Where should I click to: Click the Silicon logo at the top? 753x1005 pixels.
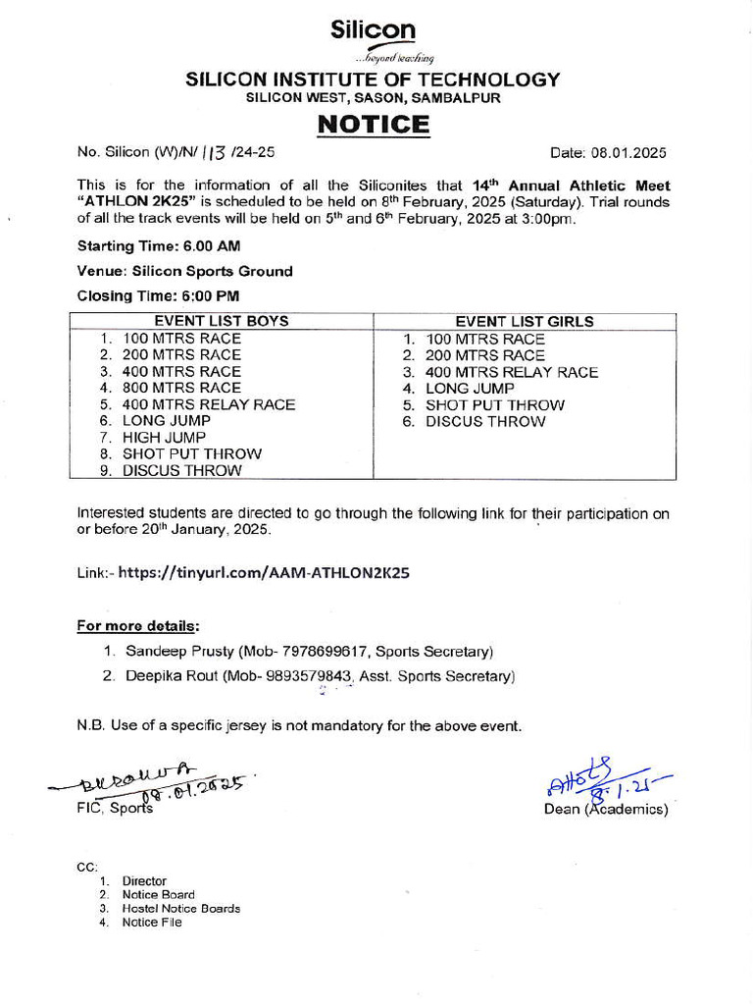(374, 39)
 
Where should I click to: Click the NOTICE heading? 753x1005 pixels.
(373, 125)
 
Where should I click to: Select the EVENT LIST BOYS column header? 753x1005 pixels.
(222, 321)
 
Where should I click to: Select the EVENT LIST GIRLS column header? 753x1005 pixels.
(525, 321)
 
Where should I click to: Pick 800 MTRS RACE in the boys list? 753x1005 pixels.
(180, 388)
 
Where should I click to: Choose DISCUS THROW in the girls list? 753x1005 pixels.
(484, 421)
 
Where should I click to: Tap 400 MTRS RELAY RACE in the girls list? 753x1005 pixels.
(511, 372)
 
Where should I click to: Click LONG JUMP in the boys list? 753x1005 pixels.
(166, 420)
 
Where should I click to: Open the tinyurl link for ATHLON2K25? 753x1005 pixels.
(263, 573)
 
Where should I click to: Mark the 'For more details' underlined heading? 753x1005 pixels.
(138, 625)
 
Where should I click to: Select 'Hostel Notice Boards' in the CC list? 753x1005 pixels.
(180, 908)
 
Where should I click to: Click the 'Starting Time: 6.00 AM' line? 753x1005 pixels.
(159, 245)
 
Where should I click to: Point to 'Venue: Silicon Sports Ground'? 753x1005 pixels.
(184, 271)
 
